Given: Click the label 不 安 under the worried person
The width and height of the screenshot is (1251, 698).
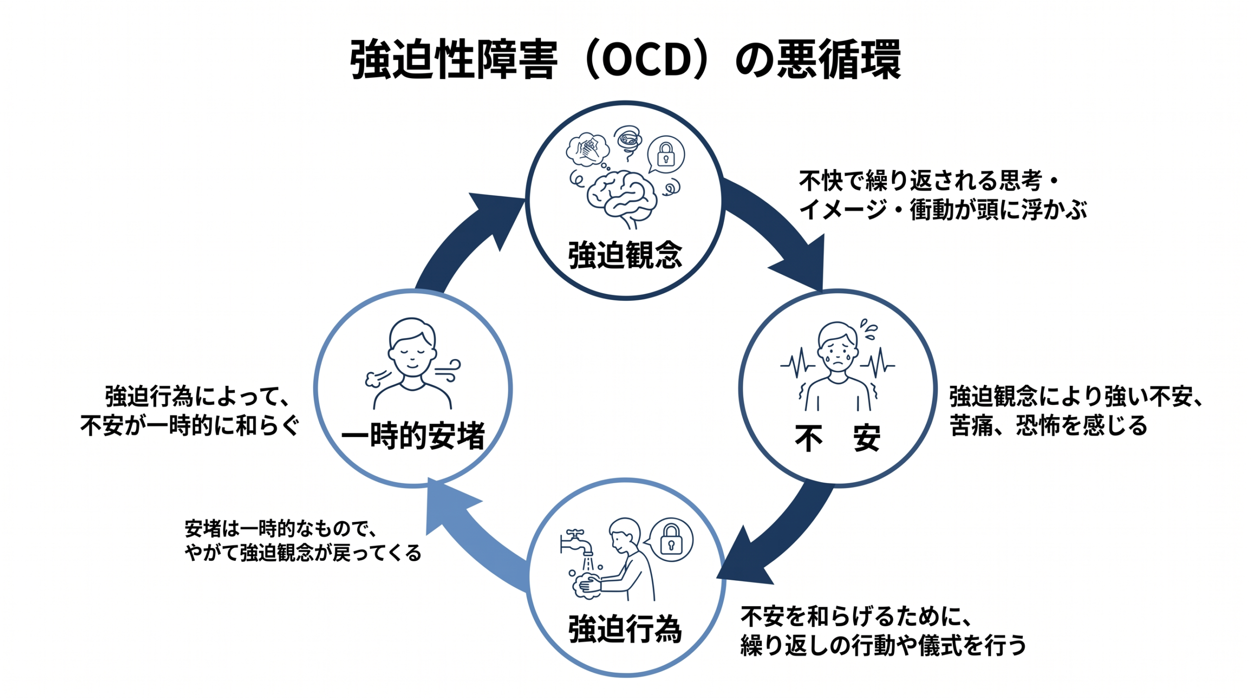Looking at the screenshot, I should tap(837, 438).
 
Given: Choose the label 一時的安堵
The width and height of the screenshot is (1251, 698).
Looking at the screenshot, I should tap(413, 436).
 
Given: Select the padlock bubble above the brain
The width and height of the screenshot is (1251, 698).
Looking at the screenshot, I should tap(666, 154).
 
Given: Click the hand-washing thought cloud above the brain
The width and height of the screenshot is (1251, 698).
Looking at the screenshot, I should tap(588, 149).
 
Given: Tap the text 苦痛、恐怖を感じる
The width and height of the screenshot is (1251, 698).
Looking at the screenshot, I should tap(1048, 425).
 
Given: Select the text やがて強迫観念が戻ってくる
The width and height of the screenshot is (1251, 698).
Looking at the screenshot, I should tap(303, 553).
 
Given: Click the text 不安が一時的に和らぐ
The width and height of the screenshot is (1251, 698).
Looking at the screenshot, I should tap(190, 425).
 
